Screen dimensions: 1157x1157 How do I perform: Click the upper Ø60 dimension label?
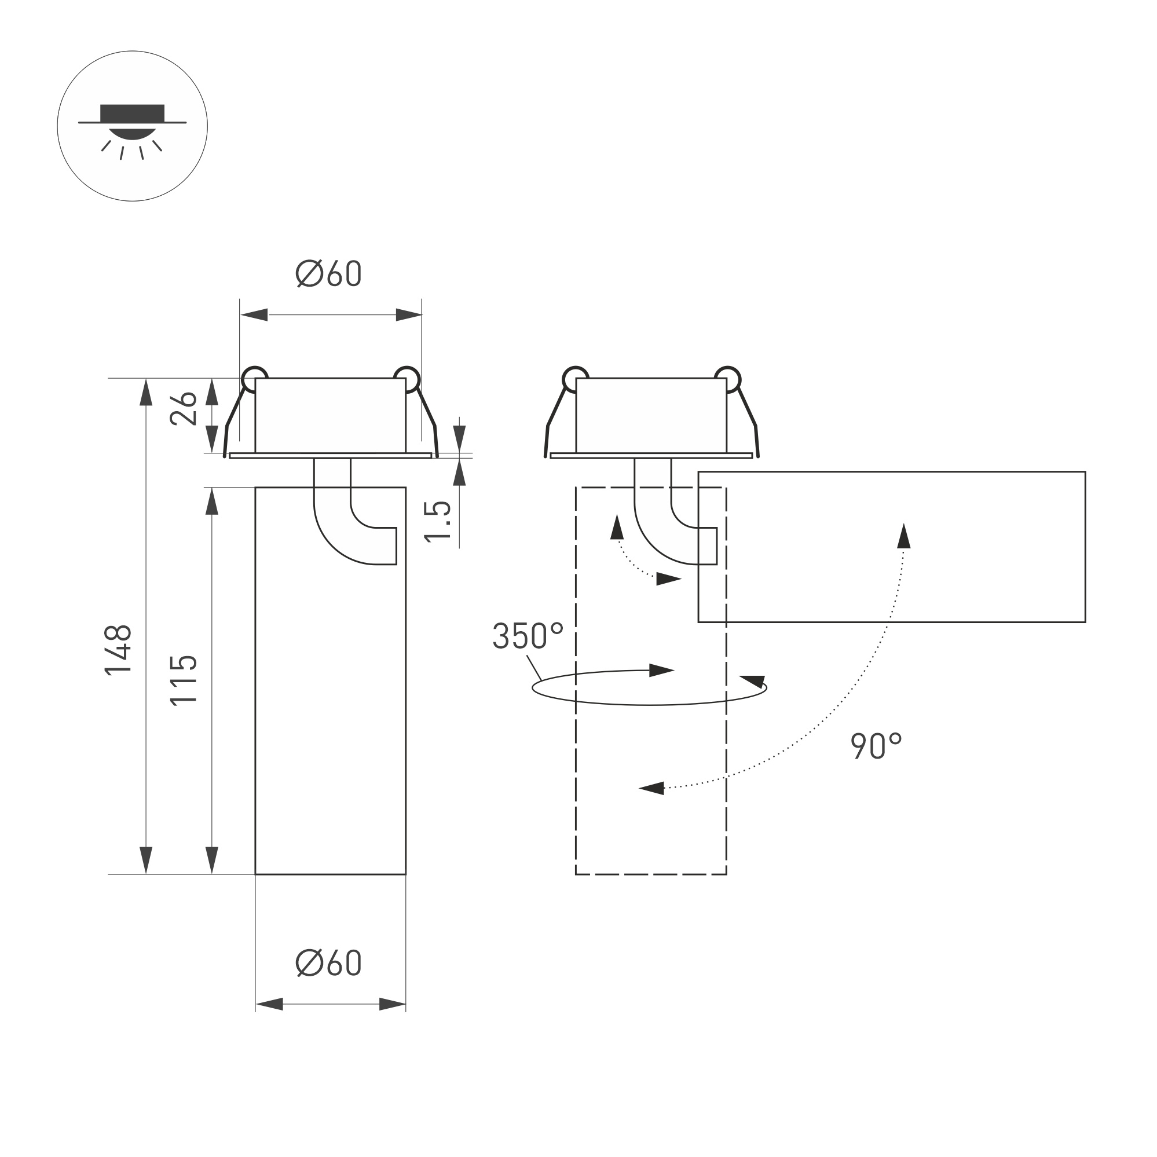click(x=329, y=274)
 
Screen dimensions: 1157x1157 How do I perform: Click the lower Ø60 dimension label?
click(x=329, y=964)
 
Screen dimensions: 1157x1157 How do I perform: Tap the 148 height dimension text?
click(x=118, y=650)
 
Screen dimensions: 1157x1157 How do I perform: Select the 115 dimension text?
click(x=183, y=681)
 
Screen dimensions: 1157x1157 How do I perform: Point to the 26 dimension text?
click(x=183, y=409)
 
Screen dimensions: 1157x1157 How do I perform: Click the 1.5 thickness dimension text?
click(x=438, y=522)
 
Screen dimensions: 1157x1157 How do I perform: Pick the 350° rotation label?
click(x=528, y=635)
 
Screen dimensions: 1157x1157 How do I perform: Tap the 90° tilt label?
click(x=876, y=746)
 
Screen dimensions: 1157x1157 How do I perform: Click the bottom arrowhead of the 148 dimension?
click(x=146, y=861)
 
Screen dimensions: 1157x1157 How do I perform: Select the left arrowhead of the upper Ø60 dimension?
click(x=254, y=315)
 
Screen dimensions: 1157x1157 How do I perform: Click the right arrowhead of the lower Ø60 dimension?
click(x=392, y=1004)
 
